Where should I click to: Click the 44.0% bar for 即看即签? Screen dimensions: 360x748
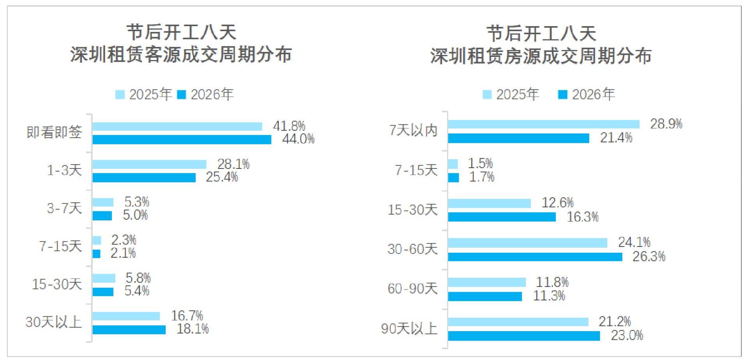[182, 140]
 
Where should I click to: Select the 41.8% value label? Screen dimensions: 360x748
[289, 126]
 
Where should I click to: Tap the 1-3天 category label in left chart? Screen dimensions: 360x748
[64, 170]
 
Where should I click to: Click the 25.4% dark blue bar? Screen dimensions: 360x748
[144, 177]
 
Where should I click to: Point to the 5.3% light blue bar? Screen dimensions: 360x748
[103, 202]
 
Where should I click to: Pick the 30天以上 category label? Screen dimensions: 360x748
[54, 322]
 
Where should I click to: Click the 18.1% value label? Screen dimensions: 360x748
[193, 329]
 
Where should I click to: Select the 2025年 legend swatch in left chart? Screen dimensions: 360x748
[120, 94]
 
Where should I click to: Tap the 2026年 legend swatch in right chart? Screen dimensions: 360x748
[562, 94]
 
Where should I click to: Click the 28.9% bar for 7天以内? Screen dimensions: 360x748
[543, 124]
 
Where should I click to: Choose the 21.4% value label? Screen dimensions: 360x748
[616, 138]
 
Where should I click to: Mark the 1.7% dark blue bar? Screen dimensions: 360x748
[453, 178]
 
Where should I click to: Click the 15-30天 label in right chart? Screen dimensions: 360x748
[412, 210]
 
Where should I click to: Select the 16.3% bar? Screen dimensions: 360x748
[502, 217]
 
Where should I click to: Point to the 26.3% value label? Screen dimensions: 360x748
[649, 256]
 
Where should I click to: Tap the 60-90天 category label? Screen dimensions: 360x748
[412, 289]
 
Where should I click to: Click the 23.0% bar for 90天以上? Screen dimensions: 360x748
[523, 336]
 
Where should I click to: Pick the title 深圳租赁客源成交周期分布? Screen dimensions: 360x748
[181, 54]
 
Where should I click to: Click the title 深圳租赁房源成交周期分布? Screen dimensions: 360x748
[541, 56]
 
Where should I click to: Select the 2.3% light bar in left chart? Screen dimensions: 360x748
[97, 240]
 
